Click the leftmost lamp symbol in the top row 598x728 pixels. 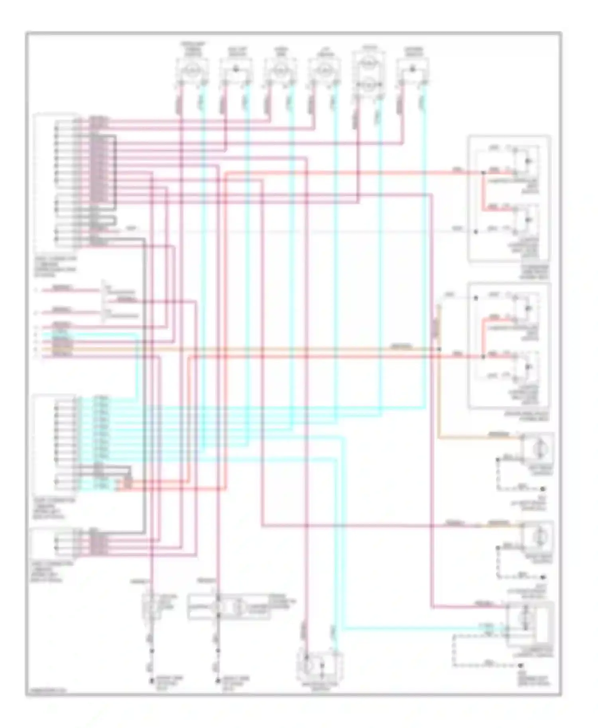click(x=192, y=69)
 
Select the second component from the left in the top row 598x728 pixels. click(x=236, y=69)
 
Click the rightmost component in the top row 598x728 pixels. click(x=413, y=69)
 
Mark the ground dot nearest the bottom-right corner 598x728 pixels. click(x=521, y=665)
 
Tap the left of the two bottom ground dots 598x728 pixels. click(x=151, y=681)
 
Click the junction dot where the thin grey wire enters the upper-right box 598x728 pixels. click(x=475, y=231)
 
